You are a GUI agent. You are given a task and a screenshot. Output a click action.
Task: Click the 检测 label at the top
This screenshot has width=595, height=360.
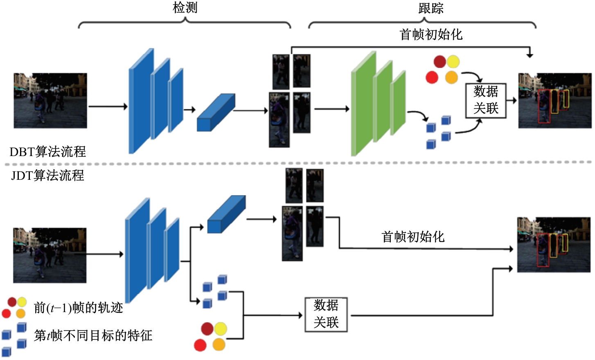(x=185, y=8)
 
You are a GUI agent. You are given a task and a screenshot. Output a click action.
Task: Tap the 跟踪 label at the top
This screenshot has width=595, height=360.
(x=430, y=8)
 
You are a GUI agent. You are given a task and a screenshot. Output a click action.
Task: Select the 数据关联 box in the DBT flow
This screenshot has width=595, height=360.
(x=486, y=100)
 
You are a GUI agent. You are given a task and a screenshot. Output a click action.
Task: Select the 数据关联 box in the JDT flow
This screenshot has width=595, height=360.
(x=326, y=314)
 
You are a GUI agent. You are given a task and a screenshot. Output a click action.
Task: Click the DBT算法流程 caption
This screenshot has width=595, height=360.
(x=48, y=152)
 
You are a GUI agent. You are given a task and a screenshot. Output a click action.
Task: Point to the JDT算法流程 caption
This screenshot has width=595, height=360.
(x=48, y=176)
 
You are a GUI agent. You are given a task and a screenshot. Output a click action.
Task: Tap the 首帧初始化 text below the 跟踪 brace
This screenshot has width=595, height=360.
(x=430, y=34)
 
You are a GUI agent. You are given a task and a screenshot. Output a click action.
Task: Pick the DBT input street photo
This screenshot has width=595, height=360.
(x=50, y=101)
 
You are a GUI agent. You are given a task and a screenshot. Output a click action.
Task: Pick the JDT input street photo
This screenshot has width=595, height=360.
(x=50, y=255)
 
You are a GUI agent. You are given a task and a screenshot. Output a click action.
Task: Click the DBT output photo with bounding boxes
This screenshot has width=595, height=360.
(x=554, y=101)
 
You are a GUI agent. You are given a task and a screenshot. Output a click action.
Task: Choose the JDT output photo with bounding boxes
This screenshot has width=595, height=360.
(x=554, y=245)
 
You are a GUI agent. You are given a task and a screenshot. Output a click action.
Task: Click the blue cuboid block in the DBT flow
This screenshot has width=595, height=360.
(x=216, y=113)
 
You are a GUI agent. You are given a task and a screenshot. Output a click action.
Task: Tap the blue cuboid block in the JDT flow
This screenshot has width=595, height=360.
(x=226, y=215)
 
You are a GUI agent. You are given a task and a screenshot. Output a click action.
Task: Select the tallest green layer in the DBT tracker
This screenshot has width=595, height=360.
(x=363, y=104)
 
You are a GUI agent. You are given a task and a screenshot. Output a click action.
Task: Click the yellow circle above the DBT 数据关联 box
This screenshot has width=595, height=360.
(x=453, y=62)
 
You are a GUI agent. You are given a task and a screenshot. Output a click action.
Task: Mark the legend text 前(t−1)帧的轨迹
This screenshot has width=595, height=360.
(x=79, y=308)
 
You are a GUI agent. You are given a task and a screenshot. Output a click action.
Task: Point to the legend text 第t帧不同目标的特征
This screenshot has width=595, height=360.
(x=93, y=336)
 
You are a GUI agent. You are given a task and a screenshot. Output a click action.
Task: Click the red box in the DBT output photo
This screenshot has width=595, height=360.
(x=544, y=106)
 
